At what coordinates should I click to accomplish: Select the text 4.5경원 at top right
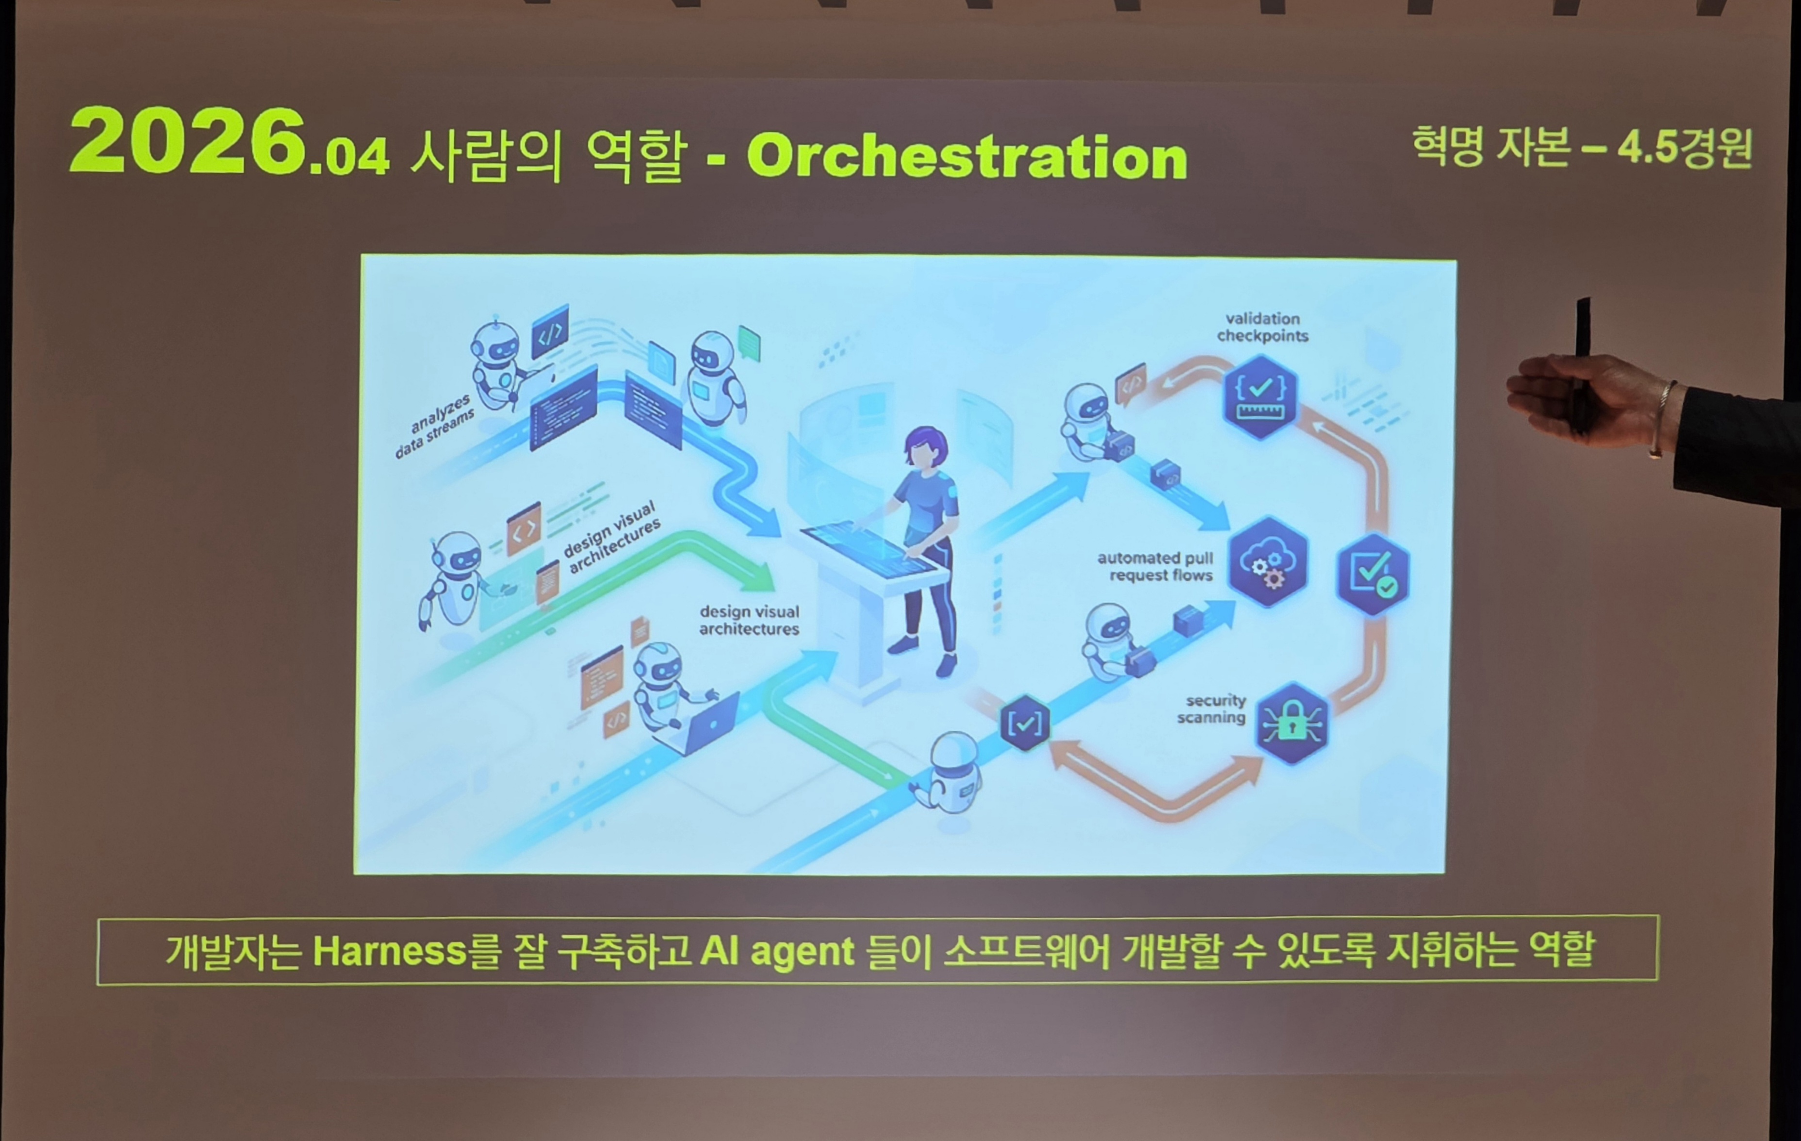(1685, 147)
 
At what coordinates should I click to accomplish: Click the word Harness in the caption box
(390, 951)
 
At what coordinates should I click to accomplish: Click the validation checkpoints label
(1262, 327)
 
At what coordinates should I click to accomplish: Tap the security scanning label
(1212, 709)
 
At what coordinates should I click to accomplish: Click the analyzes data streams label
(435, 424)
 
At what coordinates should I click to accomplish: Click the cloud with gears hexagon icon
(1268, 562)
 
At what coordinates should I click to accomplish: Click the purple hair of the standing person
(925, 444)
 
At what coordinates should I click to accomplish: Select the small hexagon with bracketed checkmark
(1025, 722)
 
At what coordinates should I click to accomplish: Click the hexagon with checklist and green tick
(1373, 575)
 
